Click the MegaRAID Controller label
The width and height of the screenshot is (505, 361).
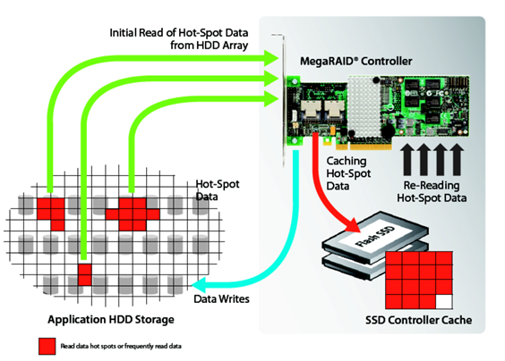coord(355,61)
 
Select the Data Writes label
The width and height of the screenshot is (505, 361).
coord(221,299)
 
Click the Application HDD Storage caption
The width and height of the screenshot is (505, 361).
coord(111,320)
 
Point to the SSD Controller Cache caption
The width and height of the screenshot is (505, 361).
coord(419,320)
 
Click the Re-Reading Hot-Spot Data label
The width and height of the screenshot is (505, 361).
coord(432,191)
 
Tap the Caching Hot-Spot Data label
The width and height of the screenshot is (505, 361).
coord(348,173)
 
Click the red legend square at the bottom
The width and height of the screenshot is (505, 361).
coord(47,346)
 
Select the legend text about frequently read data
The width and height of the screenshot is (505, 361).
coord(121,346)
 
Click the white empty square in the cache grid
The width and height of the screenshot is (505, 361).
coord(444,302)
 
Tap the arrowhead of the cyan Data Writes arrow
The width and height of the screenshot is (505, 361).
coord(199,284)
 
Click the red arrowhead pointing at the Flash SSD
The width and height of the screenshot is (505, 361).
coord(354,225)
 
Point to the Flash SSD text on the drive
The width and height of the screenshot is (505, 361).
coord(374,236)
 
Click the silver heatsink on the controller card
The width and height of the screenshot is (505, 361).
coord(364,106)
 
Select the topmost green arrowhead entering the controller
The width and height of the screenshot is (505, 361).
coord(271,58)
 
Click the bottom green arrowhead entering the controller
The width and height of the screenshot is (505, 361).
coord(271,98)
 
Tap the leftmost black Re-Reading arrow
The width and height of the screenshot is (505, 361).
coord(407,159)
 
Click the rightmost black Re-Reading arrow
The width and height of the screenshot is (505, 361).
coord(457,159)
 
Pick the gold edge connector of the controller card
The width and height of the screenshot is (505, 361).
coord(364,147)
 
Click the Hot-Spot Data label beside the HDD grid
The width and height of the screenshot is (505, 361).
coord(218,190)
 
